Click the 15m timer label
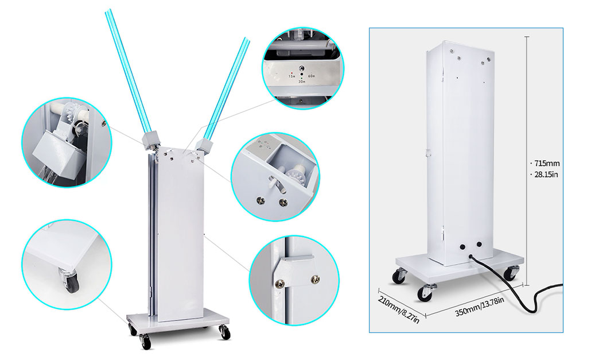[x=291, y=76]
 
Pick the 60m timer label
[x=312, y=76]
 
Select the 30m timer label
[x=302, y=82]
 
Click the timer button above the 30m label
[x=302, y=68]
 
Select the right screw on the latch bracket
[x=314, y=279]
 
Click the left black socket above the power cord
[x=462, y=246]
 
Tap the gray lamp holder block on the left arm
[x=151, y=140]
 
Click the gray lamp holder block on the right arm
[x=204, y=145]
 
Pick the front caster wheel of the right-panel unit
[x=425, y=293]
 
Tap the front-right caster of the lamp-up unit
[x=225, y=333]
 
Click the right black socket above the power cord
[x=479, y=244]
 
